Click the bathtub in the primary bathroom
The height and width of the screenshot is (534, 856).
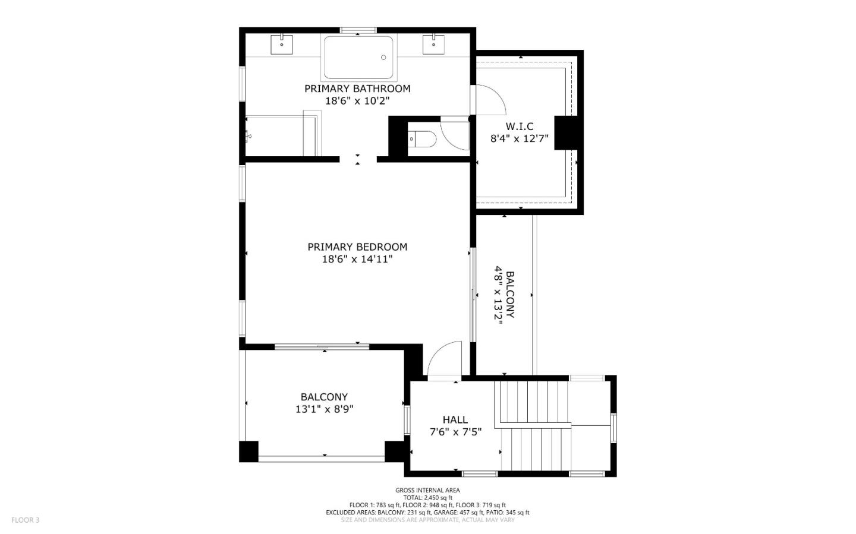coord(358,58)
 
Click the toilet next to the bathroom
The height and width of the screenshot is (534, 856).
coord(423,139)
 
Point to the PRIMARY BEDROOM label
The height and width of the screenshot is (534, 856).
coord(357,247)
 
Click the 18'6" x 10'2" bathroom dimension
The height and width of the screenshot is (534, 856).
coord(357,101)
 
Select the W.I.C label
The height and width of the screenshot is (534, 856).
coord(520,127)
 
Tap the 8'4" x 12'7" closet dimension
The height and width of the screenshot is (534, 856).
coord(519,139)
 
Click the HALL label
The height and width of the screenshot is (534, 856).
coord(455,419)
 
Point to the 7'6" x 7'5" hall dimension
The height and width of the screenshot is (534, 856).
coord(455,432)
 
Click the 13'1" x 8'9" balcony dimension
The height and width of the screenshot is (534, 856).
coord(325,409)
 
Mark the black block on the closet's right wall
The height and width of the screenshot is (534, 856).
coord(566,132)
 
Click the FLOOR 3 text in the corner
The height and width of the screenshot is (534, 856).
coord(25,520)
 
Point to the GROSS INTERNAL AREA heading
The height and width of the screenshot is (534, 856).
coord(427,490)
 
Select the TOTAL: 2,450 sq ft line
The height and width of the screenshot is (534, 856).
coord(427,498)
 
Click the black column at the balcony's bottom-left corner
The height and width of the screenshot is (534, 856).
coord(248,451)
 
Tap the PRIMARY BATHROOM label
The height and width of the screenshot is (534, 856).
coord(357,89)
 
